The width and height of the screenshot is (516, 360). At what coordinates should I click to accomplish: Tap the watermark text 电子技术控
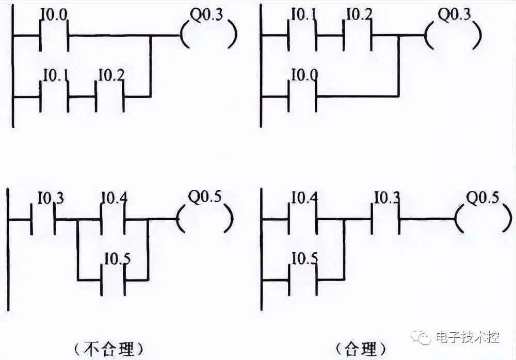pyautogui.click(x=467, y=337)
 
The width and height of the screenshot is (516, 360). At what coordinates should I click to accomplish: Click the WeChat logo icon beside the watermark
pyautogui.click(x=425, y=338)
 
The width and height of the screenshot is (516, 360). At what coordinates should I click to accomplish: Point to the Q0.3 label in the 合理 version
pyautogui.click(x=455, y=15)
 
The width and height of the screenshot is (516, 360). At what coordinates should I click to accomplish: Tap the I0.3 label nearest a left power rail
pyautogui.click(x=51, y=197)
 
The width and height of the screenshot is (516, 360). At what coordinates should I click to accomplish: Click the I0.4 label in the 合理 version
pyautogui.click(x=304, y=197)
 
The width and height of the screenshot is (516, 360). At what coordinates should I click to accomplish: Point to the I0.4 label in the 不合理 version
pyautogui.click(x=113, y=197)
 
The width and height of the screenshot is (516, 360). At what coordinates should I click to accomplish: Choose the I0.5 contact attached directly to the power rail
pyautogui.click(x=302, y=271)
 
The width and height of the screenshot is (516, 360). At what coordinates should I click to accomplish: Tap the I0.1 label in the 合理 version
pyautogui.click(x=303, y=12)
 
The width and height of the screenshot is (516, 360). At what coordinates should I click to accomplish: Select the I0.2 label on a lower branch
pyautogui.click(x=111, y=76)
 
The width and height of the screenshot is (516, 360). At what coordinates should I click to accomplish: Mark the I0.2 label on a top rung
pyautogui.click(x=358, y=12)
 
